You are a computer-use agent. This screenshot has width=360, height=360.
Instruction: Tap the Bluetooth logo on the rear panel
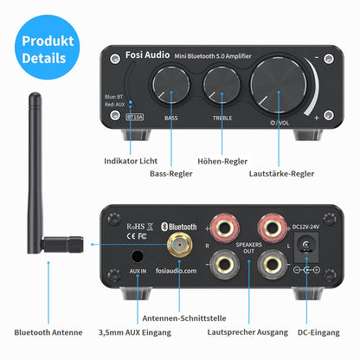pos(182,227)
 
